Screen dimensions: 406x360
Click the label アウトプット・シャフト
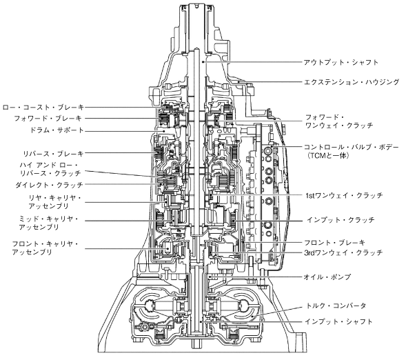coord(341,62)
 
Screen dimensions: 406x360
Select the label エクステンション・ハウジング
coord(352,82)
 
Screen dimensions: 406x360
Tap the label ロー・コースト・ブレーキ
coord(43,107)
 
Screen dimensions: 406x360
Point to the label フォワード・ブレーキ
coord(48,119)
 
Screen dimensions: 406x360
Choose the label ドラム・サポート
coord(57,130)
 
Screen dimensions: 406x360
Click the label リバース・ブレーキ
coord(53,154)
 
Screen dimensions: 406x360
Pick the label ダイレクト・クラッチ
coord(49,185)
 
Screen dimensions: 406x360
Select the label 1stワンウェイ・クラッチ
coord(344,195)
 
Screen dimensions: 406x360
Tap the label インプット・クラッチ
coord(341,220)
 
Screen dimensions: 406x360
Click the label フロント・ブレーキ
coord(334,243)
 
